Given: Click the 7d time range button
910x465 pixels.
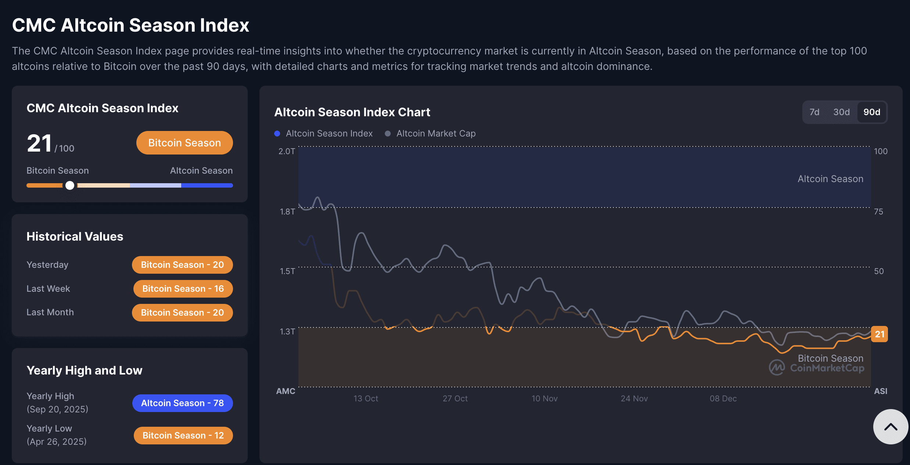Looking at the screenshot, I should point(814,112).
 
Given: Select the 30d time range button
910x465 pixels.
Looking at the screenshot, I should point(841,112).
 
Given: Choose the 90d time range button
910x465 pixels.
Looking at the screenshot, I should point(871,112).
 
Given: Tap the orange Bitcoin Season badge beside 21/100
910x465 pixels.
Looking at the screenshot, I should point(184,143).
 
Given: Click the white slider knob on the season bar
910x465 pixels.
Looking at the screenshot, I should point(70,185).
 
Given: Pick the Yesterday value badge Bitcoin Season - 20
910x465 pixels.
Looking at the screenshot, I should point(182,265).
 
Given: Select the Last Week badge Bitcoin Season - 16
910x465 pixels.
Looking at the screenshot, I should point(183,289).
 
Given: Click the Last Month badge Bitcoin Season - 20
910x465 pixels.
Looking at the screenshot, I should point(182,313).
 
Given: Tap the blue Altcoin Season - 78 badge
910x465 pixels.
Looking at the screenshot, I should point(182,403).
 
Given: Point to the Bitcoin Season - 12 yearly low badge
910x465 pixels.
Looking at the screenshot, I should point(183,436).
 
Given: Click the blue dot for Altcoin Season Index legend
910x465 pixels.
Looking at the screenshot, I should point(277,134).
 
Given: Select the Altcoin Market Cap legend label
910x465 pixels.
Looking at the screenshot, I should point(436,134).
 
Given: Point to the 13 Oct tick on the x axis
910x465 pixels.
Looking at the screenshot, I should point(366,398).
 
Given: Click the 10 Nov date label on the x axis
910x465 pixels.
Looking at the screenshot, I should point(544,398).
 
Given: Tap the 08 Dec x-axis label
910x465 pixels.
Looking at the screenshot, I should point(723,398).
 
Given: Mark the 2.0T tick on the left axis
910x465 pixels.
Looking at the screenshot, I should point(287,151).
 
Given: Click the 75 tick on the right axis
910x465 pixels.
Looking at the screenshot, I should point(878,212).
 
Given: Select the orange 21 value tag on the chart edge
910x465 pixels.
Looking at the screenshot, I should point(879,334).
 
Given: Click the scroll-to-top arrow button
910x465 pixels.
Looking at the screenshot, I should point(891,427).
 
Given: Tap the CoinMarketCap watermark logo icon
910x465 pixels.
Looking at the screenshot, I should point(777,368).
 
